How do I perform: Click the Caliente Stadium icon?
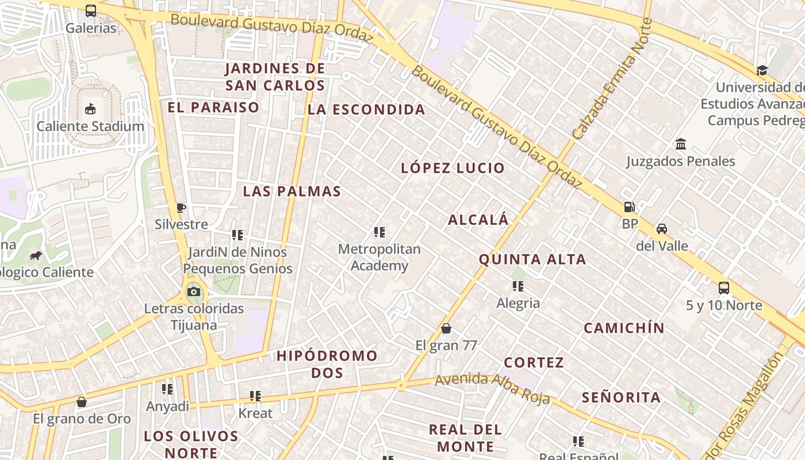point(90,109)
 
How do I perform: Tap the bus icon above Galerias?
point(91,10)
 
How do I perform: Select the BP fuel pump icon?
point(630,206)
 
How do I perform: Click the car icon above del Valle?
point(662,228)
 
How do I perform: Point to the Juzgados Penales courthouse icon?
point(681,143)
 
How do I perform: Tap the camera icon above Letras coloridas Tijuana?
point(194,292)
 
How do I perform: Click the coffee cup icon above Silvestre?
point(181,207)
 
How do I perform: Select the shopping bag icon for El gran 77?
point(446,328)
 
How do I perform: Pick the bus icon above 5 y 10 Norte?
point(724,287)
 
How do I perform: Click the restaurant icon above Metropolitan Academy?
point(379,232)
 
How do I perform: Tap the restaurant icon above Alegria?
point(518,286)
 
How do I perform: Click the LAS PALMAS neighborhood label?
point(292,191)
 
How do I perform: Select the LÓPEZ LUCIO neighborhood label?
point(453,168)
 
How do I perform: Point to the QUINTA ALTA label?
point(532,259)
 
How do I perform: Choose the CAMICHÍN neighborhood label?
point(624,328)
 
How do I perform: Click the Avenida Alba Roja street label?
point(492,388)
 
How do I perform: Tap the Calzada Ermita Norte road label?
point(612,79)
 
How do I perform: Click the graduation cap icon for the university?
point(762,70)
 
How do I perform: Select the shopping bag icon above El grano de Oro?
point(82,401)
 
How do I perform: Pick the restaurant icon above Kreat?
point(255,396)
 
